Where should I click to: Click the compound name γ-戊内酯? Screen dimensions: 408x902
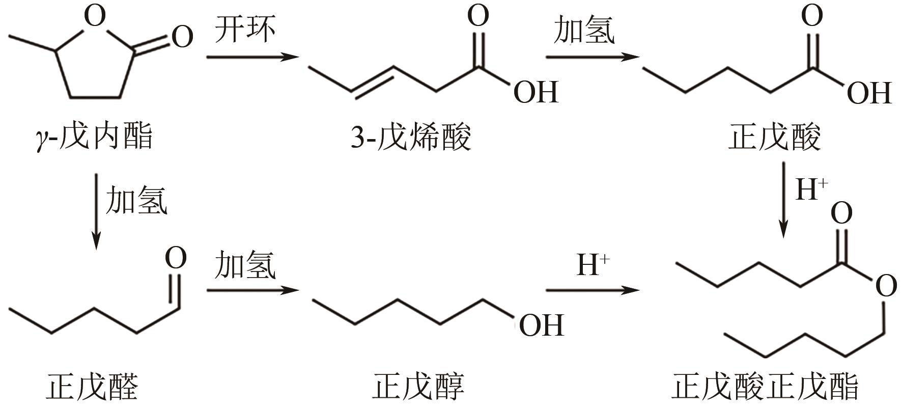[x=95, y=137]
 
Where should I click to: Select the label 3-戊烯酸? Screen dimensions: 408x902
[x=410, y=137]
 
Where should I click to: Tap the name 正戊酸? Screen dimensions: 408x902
[x=774, y=137]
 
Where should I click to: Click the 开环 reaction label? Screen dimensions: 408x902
[x=245, y=30]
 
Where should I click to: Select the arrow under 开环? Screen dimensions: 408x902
[x=252, y=57]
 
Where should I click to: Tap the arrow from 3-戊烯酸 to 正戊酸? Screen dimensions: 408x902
[x=592, y=57]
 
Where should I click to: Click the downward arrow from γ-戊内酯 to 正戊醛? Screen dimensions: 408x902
[x=96, y=211]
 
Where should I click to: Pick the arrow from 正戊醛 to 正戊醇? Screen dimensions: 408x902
[x=252, y=290]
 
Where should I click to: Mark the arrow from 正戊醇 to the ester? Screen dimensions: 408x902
[x=592, y=290]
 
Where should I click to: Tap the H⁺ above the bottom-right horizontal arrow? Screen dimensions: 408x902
[x=593, y=265]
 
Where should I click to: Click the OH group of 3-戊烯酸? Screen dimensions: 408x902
[x=535, y=92]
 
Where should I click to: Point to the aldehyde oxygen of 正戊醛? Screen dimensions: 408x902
[x=176, y=259]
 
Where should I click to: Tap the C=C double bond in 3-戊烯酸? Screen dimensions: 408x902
[x=373, y=80]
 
